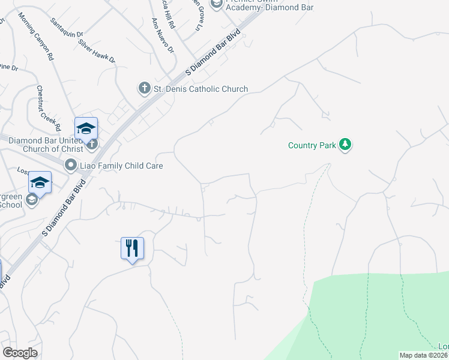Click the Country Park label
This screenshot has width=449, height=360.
(312, 145)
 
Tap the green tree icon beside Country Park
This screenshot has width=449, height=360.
(345, 145)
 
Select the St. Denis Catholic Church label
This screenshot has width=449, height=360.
(200, 89)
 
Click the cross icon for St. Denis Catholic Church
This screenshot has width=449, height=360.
(144, 89)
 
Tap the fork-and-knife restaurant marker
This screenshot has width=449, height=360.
(132, 247)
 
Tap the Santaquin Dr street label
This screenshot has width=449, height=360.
(67, 26)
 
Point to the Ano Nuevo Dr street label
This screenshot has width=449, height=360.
(163, 34)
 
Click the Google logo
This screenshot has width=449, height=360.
(20, 353)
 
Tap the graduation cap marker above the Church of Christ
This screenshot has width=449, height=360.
(86, 128)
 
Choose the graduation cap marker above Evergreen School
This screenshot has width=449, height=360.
(40, 182)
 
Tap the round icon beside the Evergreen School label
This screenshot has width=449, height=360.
(32, 200)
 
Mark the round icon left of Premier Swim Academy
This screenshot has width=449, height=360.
(216, 4)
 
